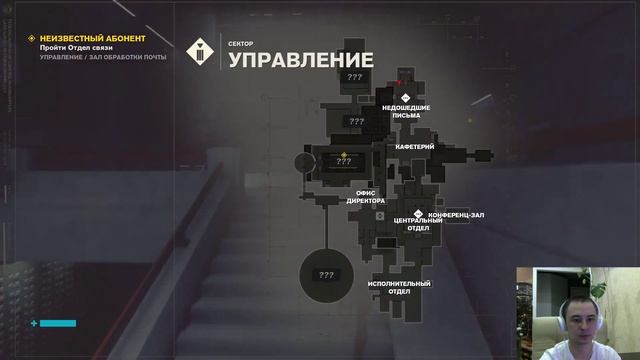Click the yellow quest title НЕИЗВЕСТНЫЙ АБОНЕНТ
coord(92,38)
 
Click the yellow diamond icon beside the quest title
coord(32,38)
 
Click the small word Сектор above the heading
coord(241,43)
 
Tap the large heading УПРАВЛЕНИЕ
coord(301,60)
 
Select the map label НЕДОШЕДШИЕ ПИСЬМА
coord(406,111)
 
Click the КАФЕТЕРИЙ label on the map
coord(414,147)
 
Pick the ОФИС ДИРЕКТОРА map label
coord(365,196)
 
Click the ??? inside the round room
coord(326,275)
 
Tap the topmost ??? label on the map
coord(355,76)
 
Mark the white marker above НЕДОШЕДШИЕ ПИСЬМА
coord(406,97)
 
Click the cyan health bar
coord(58,323)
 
